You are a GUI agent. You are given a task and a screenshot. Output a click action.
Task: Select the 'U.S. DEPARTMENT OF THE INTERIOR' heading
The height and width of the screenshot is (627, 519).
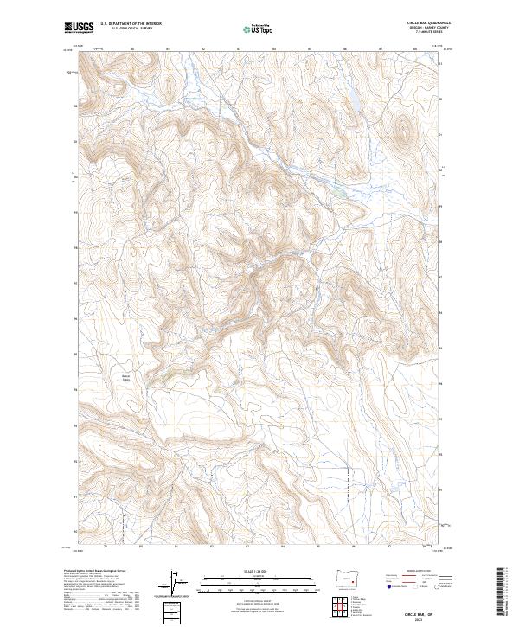(x=131, y=24)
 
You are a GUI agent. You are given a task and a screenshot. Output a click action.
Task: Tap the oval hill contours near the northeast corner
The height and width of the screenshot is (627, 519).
(x=402, y=131)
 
